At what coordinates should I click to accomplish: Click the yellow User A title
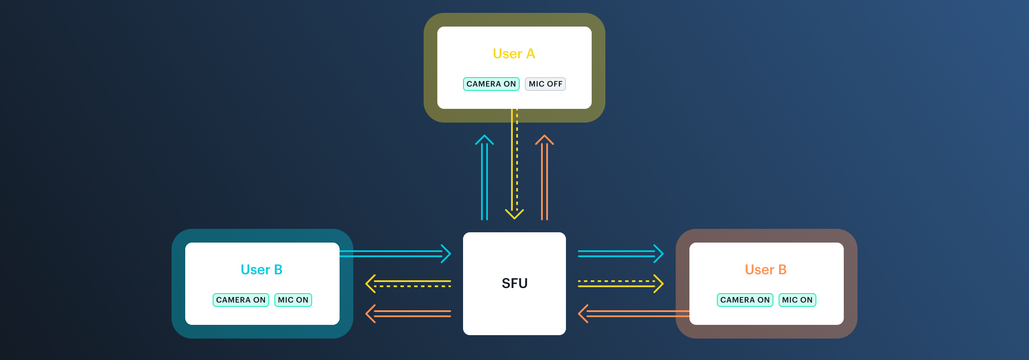514,54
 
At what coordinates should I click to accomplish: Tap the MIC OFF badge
545,84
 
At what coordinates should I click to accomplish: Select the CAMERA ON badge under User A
491,84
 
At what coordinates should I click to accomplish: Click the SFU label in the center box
514,283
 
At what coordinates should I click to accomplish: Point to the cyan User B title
262,270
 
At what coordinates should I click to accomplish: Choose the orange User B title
766,270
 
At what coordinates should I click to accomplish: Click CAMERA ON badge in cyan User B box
241,300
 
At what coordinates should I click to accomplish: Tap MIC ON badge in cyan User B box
293,300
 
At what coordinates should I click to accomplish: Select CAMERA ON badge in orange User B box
745,300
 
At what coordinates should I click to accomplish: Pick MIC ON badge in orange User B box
797,300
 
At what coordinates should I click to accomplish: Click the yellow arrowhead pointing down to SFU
514,214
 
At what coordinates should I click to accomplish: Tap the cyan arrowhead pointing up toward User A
484,140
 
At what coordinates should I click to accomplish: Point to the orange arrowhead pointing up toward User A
545,140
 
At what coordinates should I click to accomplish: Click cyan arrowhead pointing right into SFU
446,254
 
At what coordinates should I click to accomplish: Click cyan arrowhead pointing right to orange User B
659,254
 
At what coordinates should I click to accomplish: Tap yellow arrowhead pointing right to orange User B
659,284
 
